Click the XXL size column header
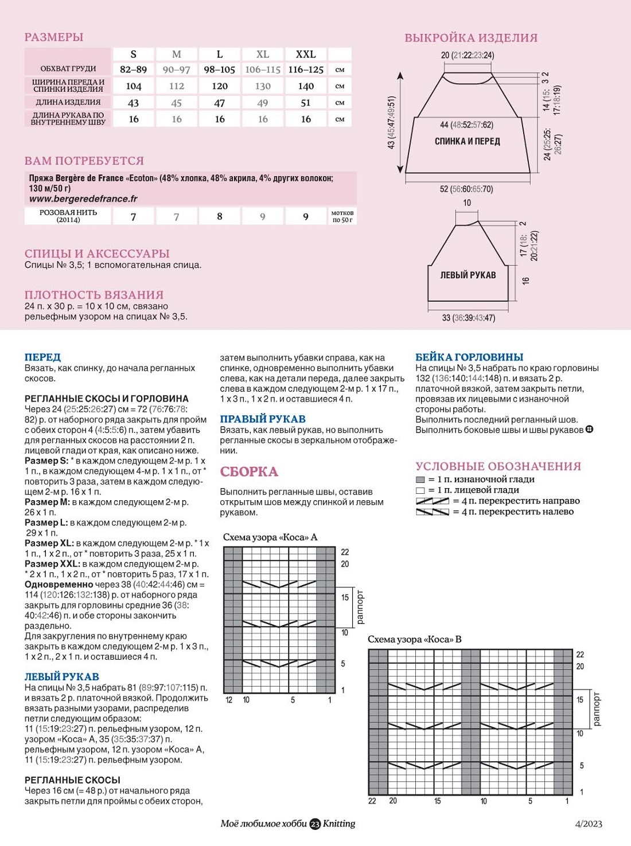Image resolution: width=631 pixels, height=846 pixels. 306,54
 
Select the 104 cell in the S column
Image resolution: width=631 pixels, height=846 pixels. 134,86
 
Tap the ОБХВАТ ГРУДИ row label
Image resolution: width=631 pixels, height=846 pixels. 68,69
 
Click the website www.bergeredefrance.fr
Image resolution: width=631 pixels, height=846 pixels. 83,199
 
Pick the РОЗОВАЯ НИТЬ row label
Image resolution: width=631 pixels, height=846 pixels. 68,216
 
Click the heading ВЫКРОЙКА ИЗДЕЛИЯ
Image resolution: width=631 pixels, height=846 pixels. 471,38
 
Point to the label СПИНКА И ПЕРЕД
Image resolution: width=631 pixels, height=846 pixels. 467,141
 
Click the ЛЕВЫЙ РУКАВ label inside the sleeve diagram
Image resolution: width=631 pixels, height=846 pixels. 468,275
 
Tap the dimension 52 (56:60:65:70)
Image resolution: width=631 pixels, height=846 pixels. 466,189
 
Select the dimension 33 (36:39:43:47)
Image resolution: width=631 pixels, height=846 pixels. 468,318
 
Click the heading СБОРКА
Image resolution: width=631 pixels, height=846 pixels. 249,472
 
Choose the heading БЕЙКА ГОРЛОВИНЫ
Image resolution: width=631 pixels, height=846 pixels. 469,357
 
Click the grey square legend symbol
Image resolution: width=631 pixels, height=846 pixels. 420,479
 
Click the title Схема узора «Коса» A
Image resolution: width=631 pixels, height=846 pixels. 270,537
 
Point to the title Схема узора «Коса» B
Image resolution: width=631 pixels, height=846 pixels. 415,639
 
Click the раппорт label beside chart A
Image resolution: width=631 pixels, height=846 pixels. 360,607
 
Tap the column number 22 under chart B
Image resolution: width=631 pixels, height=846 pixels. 372,801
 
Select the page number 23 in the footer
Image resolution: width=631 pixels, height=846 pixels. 315,824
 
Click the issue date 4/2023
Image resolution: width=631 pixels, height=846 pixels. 589,824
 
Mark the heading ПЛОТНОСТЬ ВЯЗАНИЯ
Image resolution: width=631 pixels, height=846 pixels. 94,295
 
